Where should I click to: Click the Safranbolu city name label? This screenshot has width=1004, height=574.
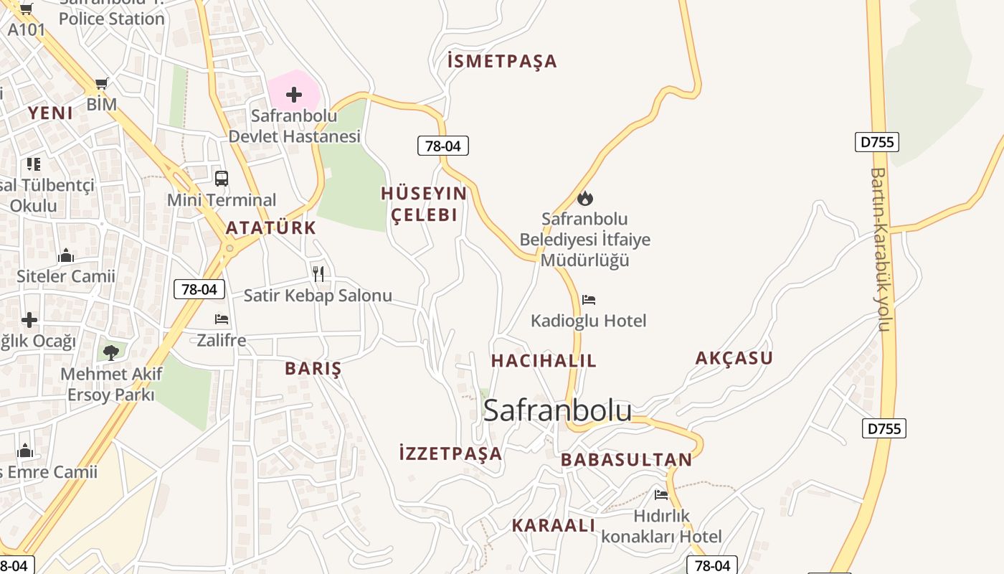557,410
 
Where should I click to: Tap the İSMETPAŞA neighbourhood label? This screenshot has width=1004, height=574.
502,61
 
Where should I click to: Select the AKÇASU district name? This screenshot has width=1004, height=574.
734,358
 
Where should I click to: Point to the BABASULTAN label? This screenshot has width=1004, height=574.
627,460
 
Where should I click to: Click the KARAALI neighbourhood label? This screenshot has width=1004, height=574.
553,525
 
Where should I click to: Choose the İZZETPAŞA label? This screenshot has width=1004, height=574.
450,453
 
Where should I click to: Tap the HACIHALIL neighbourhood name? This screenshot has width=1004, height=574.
544,361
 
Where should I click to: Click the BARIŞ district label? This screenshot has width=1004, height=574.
313,369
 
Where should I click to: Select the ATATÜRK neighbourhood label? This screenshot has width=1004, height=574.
270,228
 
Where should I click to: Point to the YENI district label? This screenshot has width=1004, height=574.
50,113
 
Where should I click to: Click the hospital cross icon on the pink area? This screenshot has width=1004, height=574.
293,94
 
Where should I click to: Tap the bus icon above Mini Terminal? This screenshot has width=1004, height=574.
222,178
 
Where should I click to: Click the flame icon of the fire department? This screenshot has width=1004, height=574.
585,198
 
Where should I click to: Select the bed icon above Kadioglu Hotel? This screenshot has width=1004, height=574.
589,299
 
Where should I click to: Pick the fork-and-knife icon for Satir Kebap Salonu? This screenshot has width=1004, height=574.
318,273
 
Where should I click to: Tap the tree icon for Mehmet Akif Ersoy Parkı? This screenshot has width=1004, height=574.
110,352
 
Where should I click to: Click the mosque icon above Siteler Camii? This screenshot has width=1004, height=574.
66,255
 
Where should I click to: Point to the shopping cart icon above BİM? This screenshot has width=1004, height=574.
101,84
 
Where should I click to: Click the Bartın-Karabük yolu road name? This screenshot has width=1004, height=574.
881,249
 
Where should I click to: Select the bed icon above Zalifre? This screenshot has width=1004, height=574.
222,319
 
